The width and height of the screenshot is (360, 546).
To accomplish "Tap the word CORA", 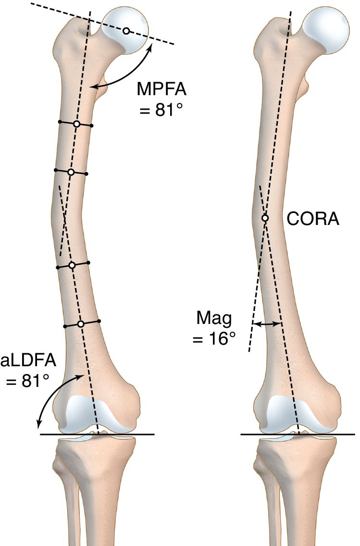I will pos(313,219).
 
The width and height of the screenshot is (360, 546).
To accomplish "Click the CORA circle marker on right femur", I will pos(265,218).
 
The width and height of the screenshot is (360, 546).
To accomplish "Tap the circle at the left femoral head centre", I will pos(125,31).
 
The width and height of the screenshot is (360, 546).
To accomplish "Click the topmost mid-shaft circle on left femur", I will pos(76,124).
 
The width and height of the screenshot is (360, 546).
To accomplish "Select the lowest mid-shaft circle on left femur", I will pos(81,324).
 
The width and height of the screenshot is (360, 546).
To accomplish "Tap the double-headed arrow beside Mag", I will pos(267,324).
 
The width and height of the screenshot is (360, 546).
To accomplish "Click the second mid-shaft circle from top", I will pos(71,172).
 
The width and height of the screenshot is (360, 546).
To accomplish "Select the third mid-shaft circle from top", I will pos(72,265).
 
